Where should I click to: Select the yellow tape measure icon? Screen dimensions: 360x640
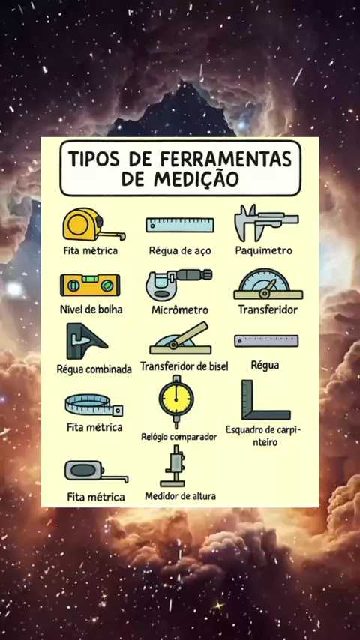94,225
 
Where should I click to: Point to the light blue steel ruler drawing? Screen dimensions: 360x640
180,225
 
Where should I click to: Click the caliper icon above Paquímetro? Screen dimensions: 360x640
265,223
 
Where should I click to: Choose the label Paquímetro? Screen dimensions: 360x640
263,250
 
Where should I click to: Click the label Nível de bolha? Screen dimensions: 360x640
91,309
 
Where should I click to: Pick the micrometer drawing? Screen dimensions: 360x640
178,285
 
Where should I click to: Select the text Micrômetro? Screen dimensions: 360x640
180,310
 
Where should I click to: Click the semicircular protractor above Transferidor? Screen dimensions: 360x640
268,284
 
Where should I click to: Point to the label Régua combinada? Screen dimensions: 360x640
94,369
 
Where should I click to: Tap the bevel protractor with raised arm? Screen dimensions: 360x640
180,339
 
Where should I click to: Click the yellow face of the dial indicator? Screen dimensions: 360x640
176,399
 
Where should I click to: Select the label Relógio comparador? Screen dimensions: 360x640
179,437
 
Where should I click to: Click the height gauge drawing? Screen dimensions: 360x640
173,466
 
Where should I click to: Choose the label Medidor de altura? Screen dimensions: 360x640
180,496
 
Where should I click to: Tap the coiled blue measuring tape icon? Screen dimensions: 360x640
94,405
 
